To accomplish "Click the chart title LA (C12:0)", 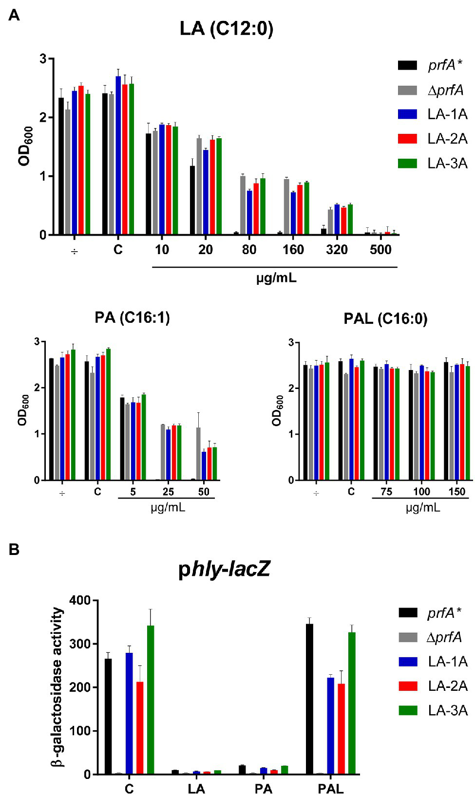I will click(226, 28).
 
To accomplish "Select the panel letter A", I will click(14, 16).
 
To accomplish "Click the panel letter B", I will click(14, 550).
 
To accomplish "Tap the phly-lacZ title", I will click(224, 569).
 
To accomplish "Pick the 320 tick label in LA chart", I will click(337, 250).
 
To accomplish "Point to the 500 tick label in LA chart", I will click(380, 250).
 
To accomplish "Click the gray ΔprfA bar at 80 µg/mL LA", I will click(243, 205).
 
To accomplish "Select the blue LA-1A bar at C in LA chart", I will click(118, 156).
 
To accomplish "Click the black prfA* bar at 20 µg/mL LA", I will click(192, 201).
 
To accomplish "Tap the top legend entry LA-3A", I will click(447, 164).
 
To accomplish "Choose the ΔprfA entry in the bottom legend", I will click(444, 637).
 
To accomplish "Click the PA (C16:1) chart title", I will click(132, 318).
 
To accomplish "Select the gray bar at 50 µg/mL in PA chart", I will click(198, 454).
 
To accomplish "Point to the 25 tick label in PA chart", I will click(168, 492).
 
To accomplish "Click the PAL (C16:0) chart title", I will click(385, 319).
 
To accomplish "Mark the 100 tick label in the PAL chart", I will click(421, 492).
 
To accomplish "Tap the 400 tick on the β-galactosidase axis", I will click(80, 600).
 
